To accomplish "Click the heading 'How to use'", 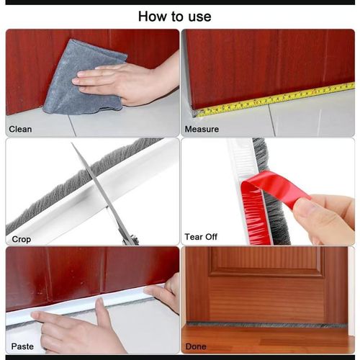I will [x=174, y=15].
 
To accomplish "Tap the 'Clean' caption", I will [x=20, y=130].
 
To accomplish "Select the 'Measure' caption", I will [x=202, y=130].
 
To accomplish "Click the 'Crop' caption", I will [x=22, y=238].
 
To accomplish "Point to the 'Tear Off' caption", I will [x=201, y=237].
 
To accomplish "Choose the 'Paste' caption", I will [x=22, y=346].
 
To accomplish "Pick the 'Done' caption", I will [x=196, y=346].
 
